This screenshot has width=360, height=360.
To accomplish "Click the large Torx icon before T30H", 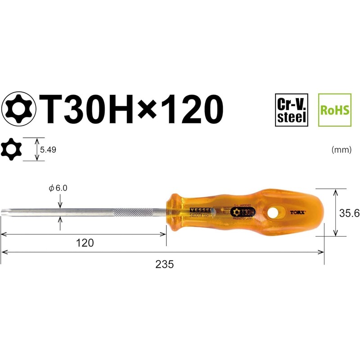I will tap(20, 109).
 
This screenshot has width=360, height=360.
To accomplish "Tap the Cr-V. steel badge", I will tap(291, 109).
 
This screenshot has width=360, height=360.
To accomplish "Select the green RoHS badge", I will tap(334, 109).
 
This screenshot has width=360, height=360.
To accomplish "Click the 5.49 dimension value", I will tap(48, 149).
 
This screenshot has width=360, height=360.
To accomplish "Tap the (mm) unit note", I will tap(341, 150).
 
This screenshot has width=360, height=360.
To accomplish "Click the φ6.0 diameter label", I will tap(58, 189).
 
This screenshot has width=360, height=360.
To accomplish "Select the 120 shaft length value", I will tap(85, 243).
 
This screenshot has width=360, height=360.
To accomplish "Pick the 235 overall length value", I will tap(164, 265).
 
